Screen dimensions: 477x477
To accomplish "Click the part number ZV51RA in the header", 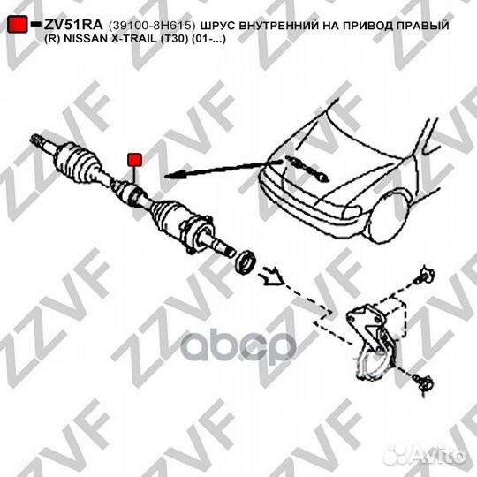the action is [x=73, y=25].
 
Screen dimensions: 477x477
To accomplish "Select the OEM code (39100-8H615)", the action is [x=152, y=26].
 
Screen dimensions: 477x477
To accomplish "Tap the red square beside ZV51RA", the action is [x=18, y=24].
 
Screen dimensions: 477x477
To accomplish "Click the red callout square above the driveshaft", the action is [x=134, y=160].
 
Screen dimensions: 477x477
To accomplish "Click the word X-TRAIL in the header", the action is [x=136, y=39].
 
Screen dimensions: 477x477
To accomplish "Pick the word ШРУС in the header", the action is [x=217, y=26].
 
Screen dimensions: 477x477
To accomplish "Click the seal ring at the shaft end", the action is [x=245, y=262].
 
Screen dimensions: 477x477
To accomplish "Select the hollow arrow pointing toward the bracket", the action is [x=272, y=276].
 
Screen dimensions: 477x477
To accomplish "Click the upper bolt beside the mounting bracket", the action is [x=425, y=276].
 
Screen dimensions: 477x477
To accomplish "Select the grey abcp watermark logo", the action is [x=238, y=346].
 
